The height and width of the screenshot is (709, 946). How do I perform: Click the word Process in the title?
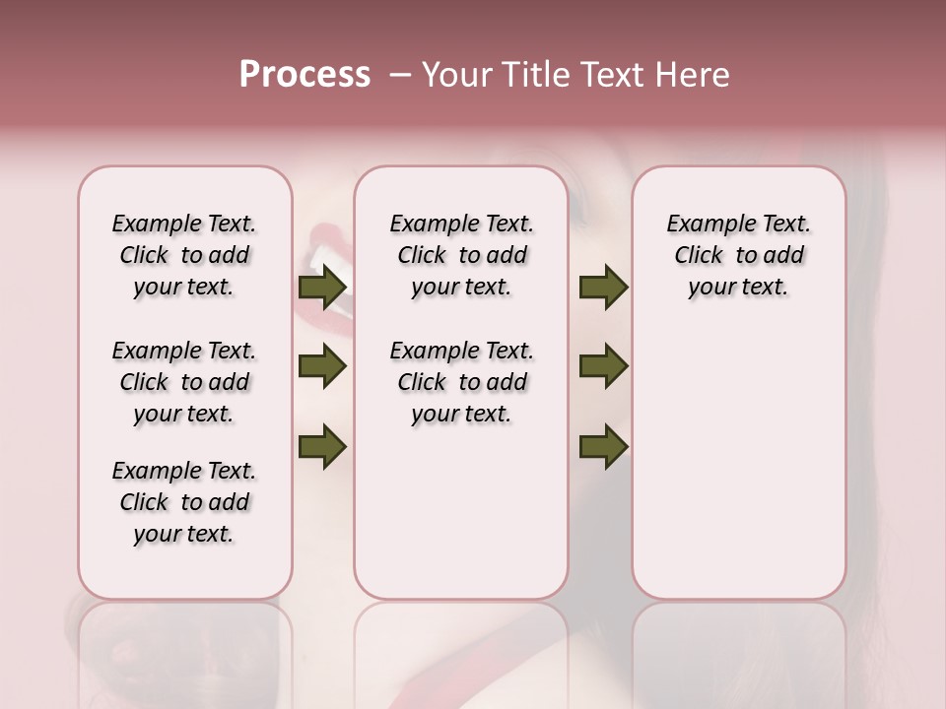pyautogui.click(x=304, y=75)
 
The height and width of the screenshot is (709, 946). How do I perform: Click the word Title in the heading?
pyautogui.click(x=532, y=75)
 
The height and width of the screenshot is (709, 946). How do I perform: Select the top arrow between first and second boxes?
pyautogui.click(x=322, y=288)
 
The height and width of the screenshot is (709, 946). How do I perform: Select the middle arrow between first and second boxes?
pyautogui.click(x=322, y=367)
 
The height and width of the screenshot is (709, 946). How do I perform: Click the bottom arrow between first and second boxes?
pyautogui.click(x=322, y=446)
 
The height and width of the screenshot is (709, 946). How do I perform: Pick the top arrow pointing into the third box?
pyautogui.click(x=604, y=288)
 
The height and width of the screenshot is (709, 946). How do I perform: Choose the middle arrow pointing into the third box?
pyautogui.click(x=604, y=367)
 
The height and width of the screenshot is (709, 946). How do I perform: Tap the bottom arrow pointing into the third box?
pyautogui.click(x=604, y=446)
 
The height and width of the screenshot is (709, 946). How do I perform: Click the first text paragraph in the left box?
pyautogui.click(x=184, y=255)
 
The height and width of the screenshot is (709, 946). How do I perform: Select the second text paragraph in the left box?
pyautogui.click(x=184, y=382)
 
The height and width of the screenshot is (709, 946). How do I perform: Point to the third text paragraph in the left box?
pyautogui.click(x=184, y=502)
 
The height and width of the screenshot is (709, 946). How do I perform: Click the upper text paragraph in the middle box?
pyautogui.click(x=461, y=255)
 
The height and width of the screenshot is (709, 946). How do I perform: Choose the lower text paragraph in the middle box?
pyautogui.click(x=461, y=382)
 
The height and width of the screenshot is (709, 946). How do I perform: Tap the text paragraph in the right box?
pyautogui.click(x=738, y=255)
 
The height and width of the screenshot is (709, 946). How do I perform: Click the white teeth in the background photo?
pyautogui.click(x=320, y=261)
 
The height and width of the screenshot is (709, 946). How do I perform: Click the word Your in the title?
pyautogui.click(x=457, y=75)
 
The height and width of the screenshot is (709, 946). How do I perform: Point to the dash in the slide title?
pyautogui.click(x=399, y=75)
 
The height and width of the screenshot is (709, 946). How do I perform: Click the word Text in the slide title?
pyautogui.click(x=609, y=75)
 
